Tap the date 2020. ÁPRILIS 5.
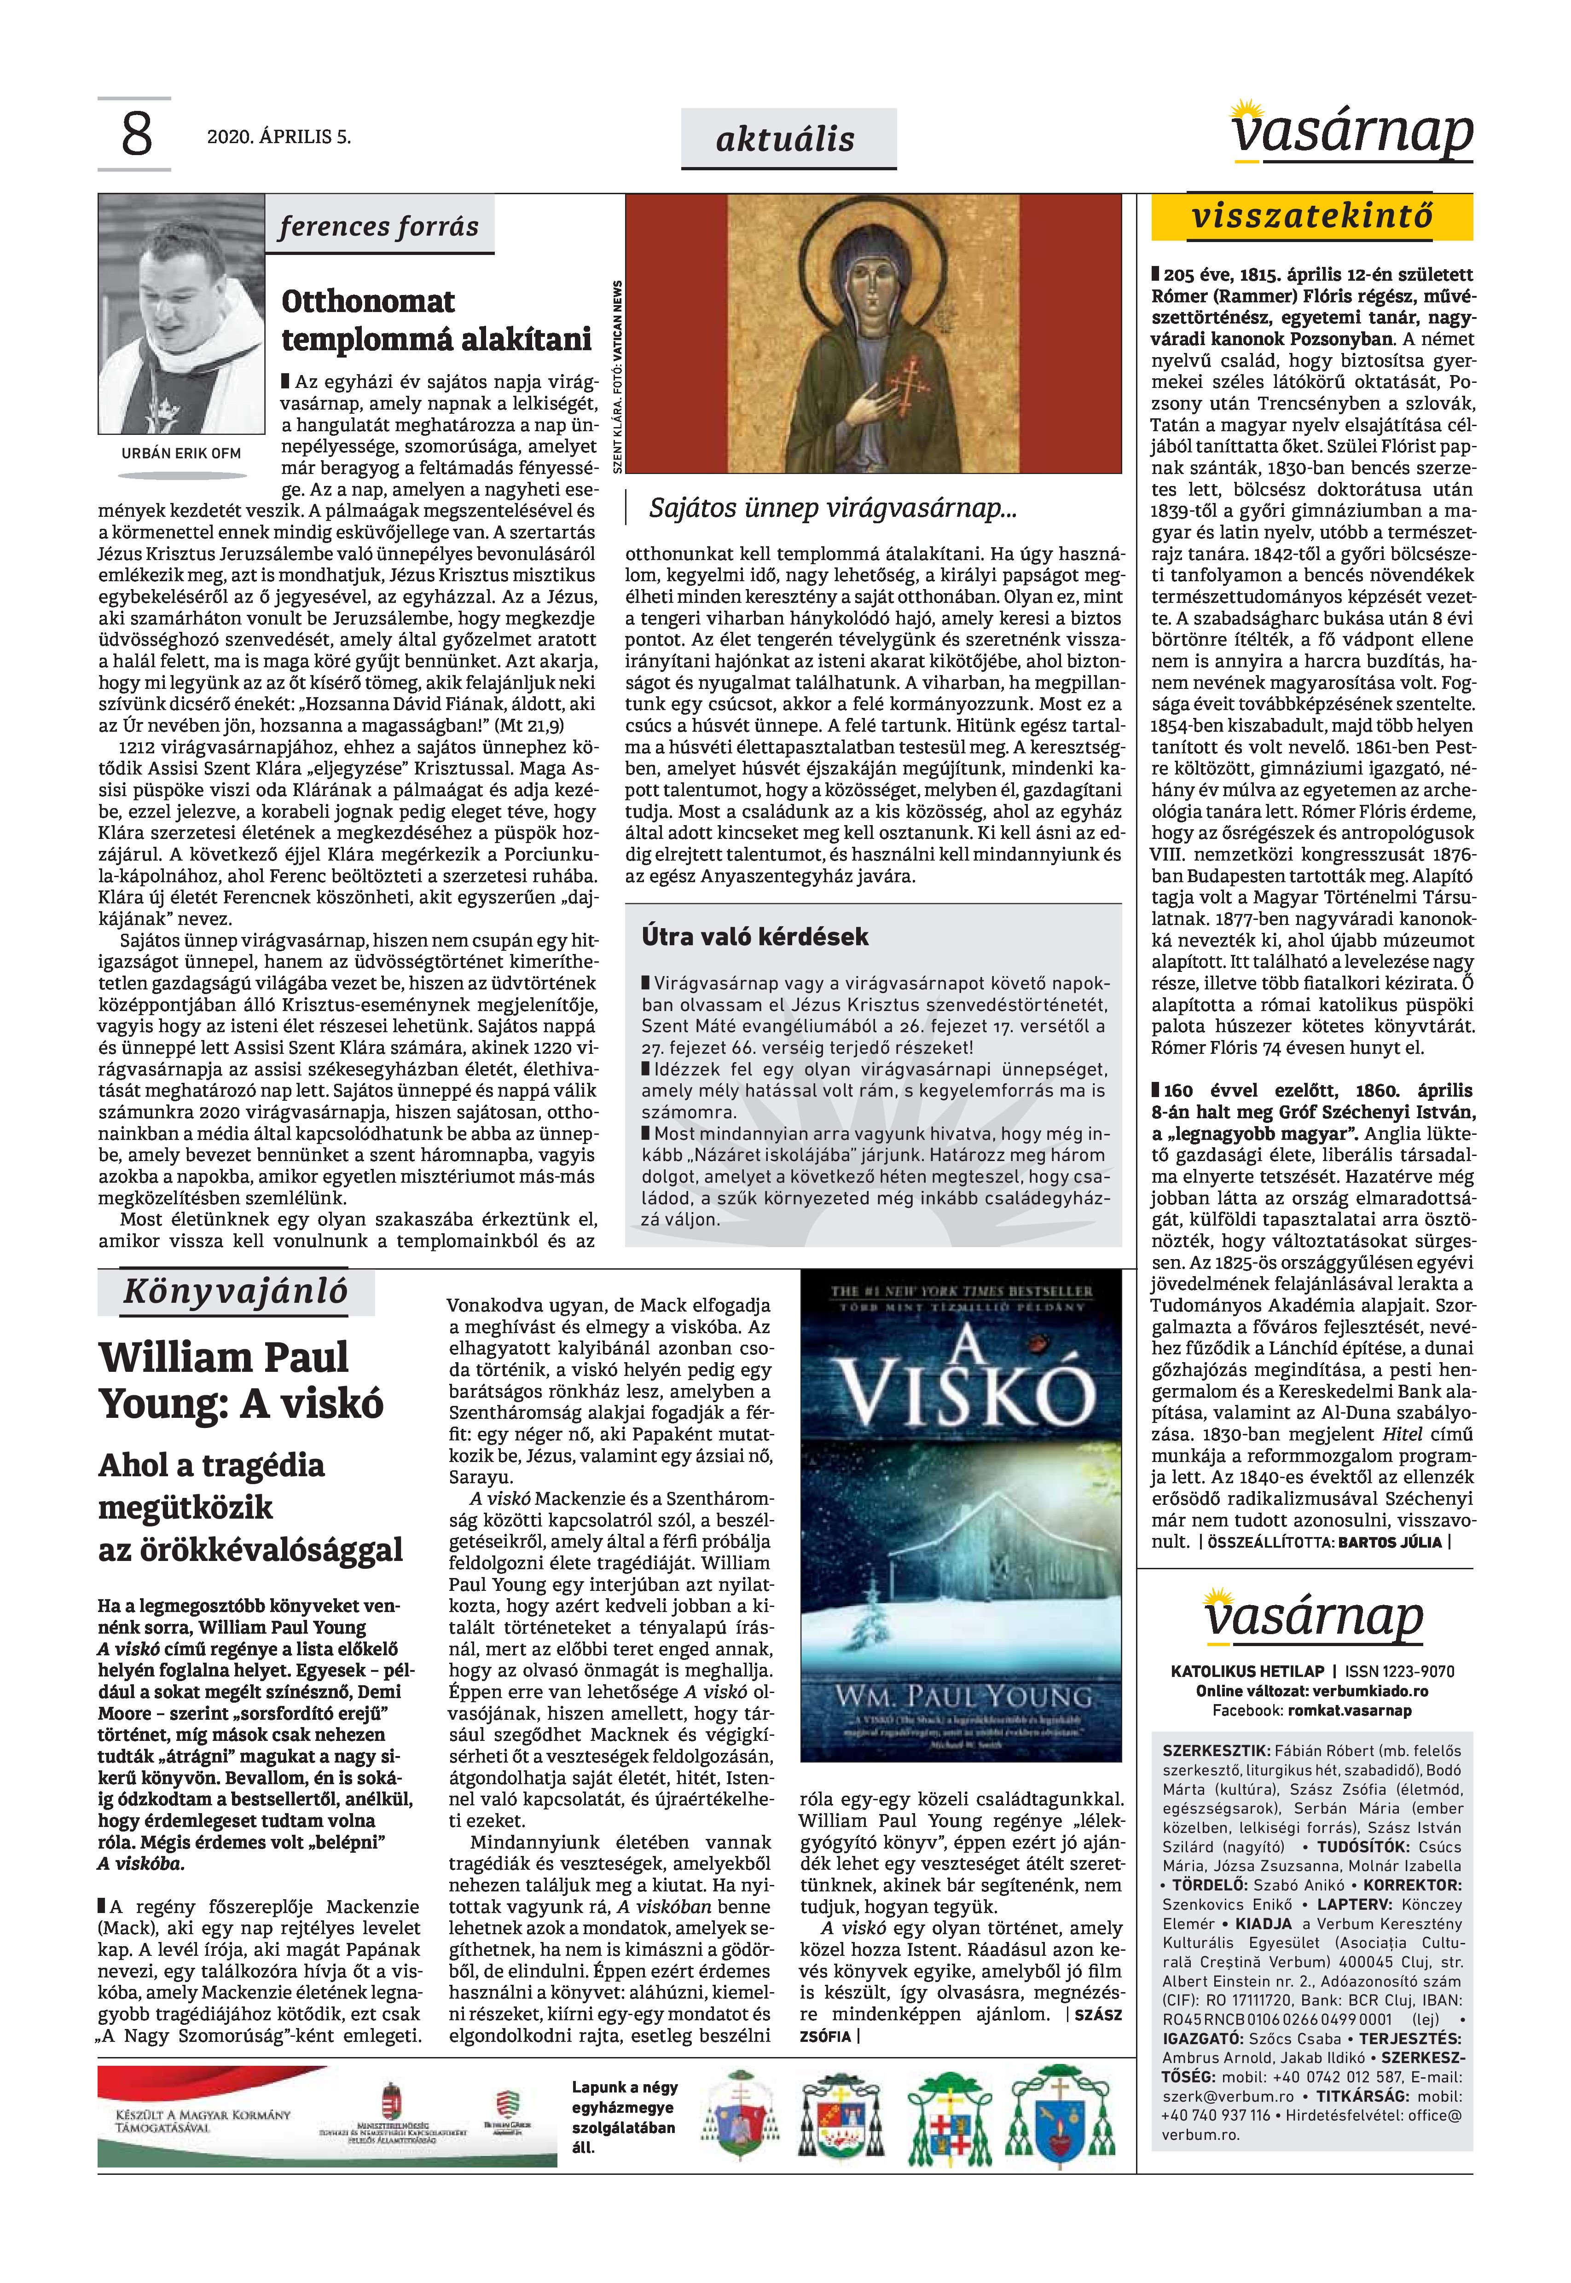point(278,137)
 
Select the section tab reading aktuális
point(785,139)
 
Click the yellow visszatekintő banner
point(1312,216)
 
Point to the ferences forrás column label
point(379,226)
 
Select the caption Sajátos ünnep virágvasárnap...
point(832,509)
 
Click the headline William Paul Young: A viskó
point(241,1380)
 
